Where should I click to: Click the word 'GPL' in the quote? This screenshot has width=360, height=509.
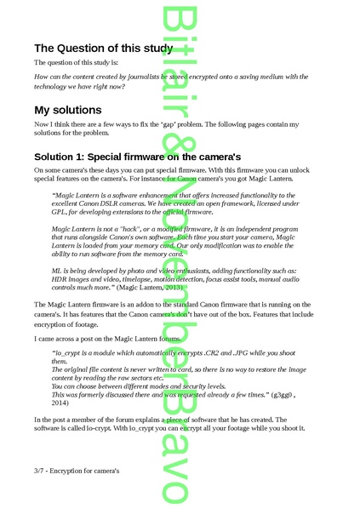pyautogui.click(x=59, y=222)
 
